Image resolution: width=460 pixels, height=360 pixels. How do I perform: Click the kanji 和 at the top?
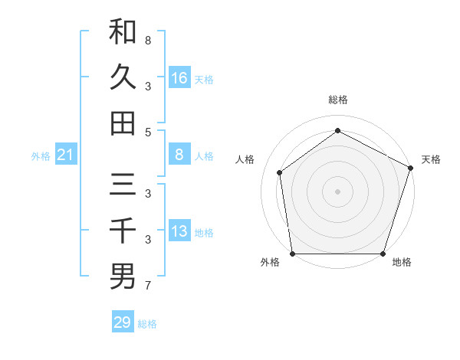(123, 32)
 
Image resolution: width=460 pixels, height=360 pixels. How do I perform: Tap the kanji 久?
(123, 77)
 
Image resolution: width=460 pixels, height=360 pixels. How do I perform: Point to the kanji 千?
(123, 231)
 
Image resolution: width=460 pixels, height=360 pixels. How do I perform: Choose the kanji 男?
(123, 277)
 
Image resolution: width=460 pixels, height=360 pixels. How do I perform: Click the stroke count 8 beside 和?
(148, 39)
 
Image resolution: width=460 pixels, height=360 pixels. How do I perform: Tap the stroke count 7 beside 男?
(148, 286)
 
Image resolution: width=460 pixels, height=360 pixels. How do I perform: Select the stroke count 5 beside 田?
(148, 132)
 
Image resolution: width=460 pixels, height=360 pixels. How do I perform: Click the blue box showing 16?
(179, 78)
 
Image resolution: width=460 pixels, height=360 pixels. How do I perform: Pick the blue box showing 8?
(179, 155)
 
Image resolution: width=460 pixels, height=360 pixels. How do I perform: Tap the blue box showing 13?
(179, 232)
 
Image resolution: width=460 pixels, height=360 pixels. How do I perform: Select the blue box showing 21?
(65, 155)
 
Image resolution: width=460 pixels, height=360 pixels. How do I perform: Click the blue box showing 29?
(123, 322)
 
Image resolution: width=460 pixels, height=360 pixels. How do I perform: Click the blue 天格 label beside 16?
(204, 79)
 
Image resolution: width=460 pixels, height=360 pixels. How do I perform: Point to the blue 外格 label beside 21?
(41, 156)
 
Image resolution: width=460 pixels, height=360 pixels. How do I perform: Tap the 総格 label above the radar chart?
(337, 100)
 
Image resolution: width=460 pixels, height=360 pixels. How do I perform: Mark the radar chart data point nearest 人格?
(280, 172)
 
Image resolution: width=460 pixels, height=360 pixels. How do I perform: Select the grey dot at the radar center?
(337, 191)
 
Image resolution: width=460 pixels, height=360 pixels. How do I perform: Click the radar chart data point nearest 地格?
(383, 254)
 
